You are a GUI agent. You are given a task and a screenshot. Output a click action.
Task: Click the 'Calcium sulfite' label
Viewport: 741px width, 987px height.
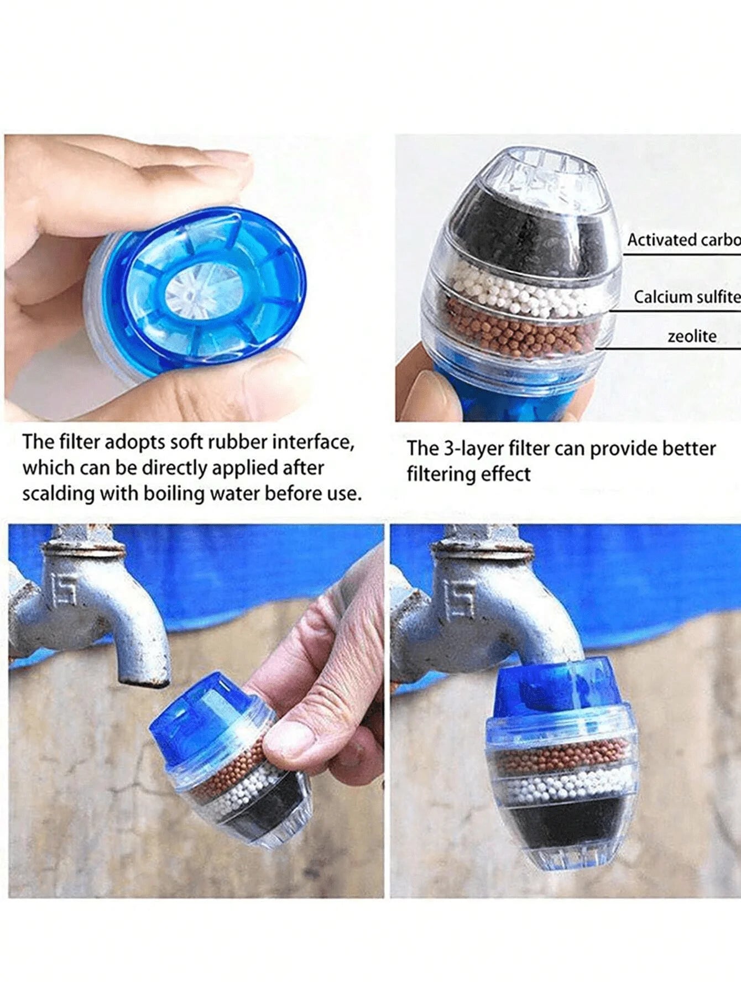click(686, 297)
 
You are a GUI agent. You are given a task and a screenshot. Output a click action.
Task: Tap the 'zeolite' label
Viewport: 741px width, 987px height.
click(692, 336)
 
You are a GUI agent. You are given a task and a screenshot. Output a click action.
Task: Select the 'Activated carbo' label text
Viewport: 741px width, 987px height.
click(683, 240)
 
